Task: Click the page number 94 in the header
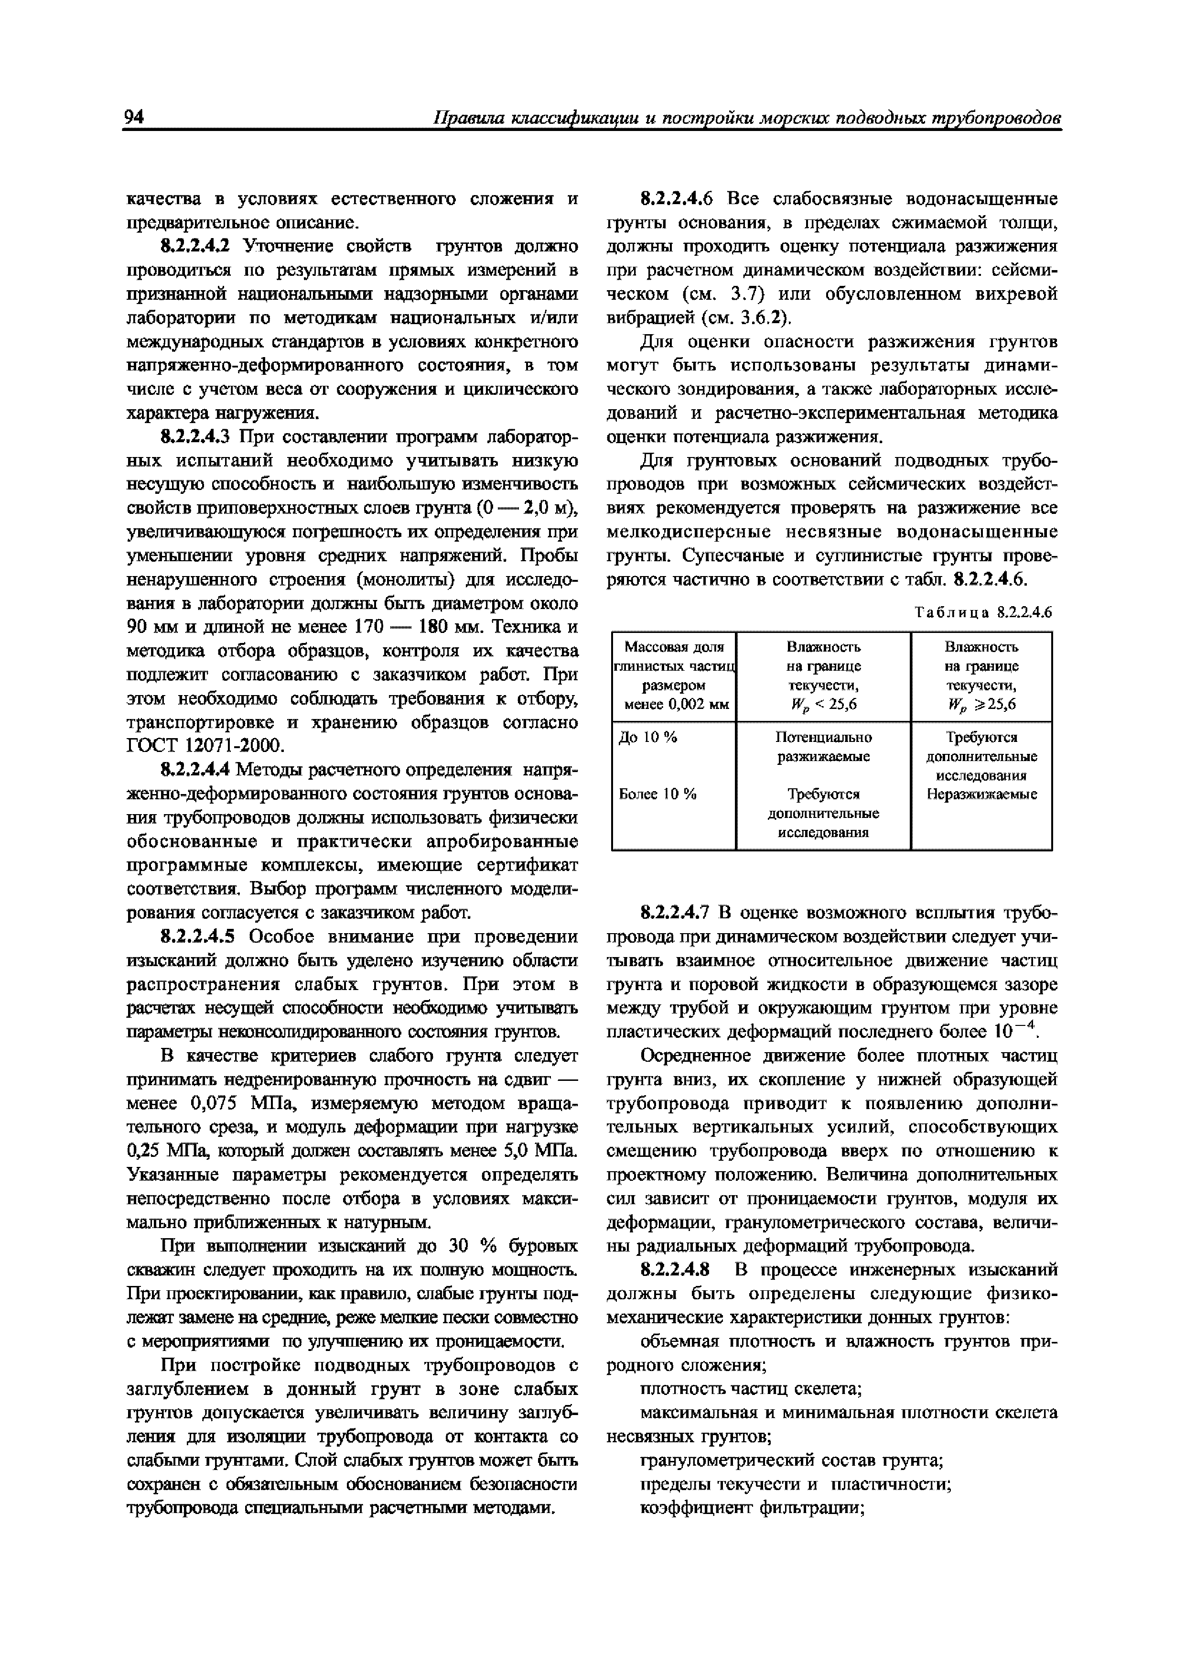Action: tap(134, 117)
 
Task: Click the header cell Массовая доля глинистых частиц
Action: tap(674, 675)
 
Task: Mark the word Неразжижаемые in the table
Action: tap(981, 794)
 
